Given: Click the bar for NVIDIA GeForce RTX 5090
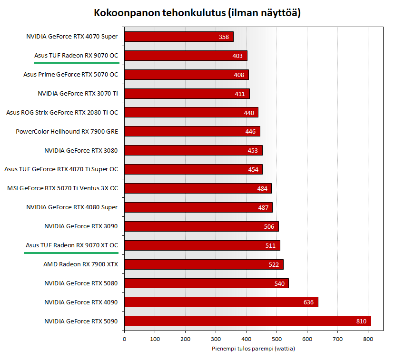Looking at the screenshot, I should (x=247, y=321).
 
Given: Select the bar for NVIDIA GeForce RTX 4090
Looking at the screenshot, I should (x=221, y=302).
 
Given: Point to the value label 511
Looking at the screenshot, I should (x=270, y=245).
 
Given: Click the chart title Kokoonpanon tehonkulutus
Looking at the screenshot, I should (x=197, y=13).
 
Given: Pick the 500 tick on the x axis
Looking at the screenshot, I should (x=246, y=339).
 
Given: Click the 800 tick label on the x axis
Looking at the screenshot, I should (x=368, y=339).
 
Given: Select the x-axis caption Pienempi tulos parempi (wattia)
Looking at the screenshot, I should (x=253, y=349).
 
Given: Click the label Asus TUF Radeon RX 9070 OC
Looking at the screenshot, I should (x=76, y=55).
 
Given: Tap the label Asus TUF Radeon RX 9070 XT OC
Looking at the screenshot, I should (x=72, y=245).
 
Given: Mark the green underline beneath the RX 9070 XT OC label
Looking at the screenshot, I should (x=71, y=253).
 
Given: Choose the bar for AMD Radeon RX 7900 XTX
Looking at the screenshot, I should (x=204, y=264).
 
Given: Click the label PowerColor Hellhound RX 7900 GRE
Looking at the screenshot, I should (x=67, y=131).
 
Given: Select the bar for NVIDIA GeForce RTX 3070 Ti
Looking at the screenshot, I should (x=187, y=94).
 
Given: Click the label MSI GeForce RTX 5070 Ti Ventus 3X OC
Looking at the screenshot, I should (x=63, y=188).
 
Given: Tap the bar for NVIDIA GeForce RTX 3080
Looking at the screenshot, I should (x=193, y=150).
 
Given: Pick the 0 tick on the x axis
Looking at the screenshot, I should (x=124, y=339).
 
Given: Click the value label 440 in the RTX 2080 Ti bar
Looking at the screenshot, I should (x=249, y=113).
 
